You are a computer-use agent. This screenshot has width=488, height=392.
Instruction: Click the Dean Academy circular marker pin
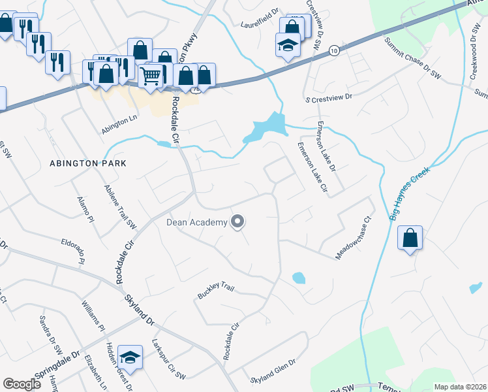click(238, 222)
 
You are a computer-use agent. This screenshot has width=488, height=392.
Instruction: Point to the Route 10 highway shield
click(334, 50)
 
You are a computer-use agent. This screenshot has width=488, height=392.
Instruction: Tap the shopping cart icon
click(151, 76)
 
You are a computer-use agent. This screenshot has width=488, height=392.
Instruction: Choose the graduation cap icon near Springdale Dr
click(131, 357)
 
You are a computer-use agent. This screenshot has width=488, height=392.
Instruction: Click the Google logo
click(22, 384)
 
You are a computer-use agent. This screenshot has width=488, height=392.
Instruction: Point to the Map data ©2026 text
click(460, 387)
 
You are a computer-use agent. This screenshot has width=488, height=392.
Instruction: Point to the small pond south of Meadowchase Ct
click(298, 278)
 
